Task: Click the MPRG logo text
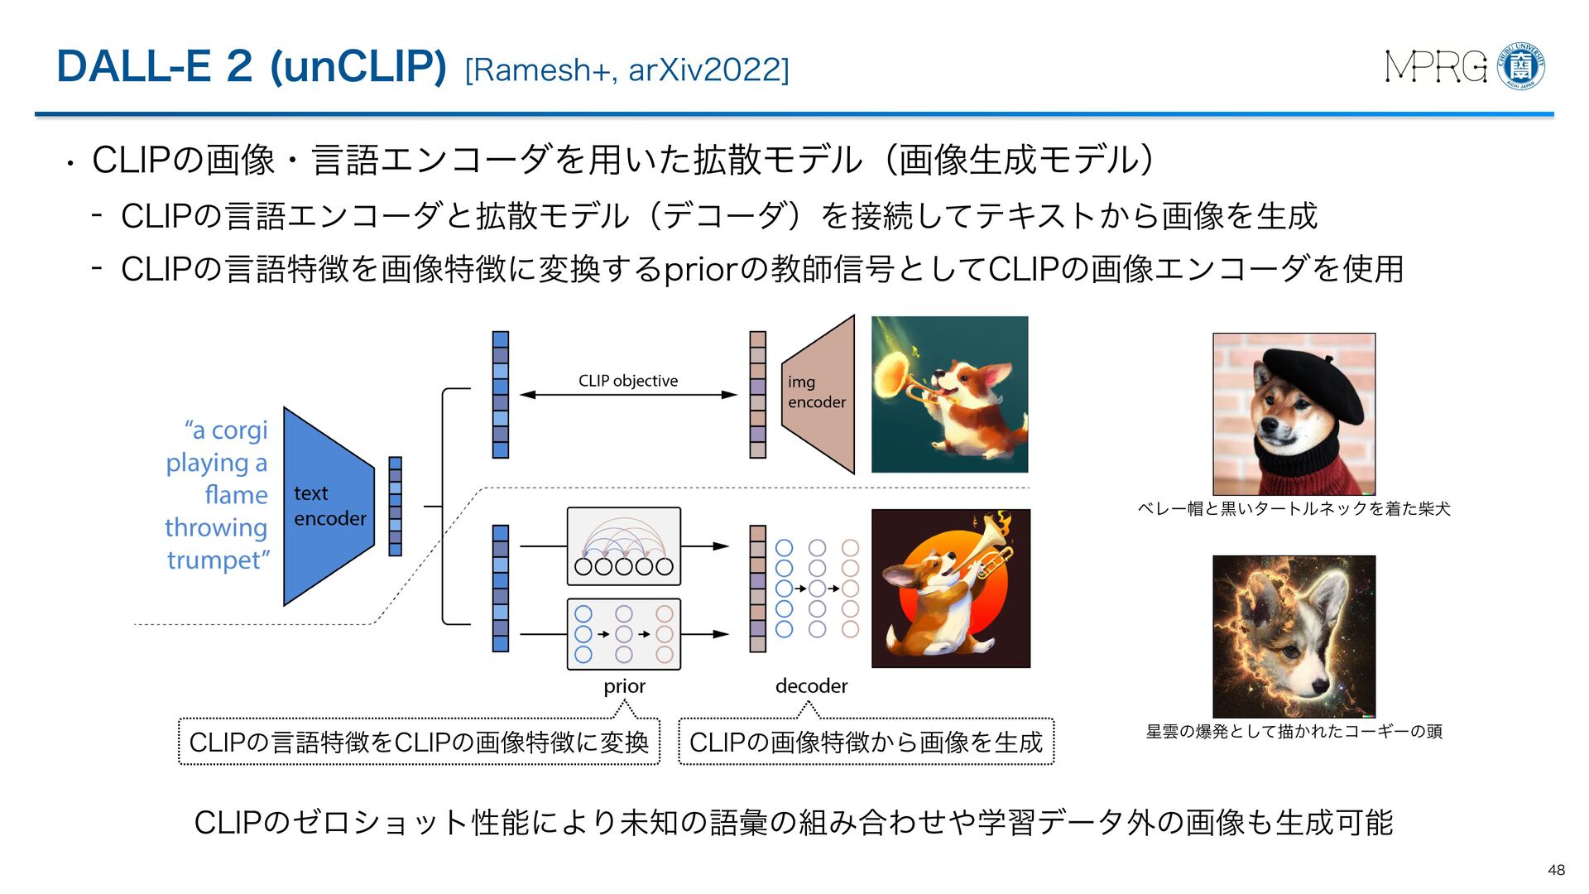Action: click(x=1436, y=66)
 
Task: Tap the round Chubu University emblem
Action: click(x=1521, y=66)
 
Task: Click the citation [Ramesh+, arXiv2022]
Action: click(x=626, y=70)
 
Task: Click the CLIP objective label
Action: click(x=627, y=381)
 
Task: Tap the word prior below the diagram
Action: click(x=624, y=686)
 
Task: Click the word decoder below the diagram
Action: click(x=811, y=686)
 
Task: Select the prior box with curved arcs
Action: click(x=623, y=547)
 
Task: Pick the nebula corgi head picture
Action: click(x=1294, y=636)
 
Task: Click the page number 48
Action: click(x=1556, y=870)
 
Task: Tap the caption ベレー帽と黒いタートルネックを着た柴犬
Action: click(x=1294, y=509)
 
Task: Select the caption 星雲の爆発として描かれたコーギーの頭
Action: click(x=1294, y=732)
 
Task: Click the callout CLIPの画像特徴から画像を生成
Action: click(x=866, y=743)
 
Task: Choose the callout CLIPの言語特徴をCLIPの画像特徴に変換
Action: click(x=419, y=743)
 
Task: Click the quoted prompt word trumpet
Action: click(x=217, y=560)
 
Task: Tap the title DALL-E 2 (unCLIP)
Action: click(x=252, y=66)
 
